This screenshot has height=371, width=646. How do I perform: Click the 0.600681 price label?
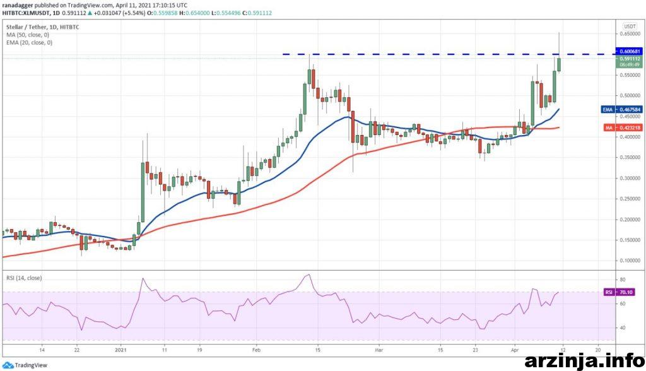click(629, 51)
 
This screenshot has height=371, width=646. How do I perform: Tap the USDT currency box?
click(629, 26)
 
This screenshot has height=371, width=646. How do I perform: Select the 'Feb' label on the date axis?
click(257, 349)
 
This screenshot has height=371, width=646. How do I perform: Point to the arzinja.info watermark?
click(584, 361)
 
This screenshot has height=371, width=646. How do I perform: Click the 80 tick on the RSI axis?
click(623, 279)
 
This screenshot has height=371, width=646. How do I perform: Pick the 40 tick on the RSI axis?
click(623, 327)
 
